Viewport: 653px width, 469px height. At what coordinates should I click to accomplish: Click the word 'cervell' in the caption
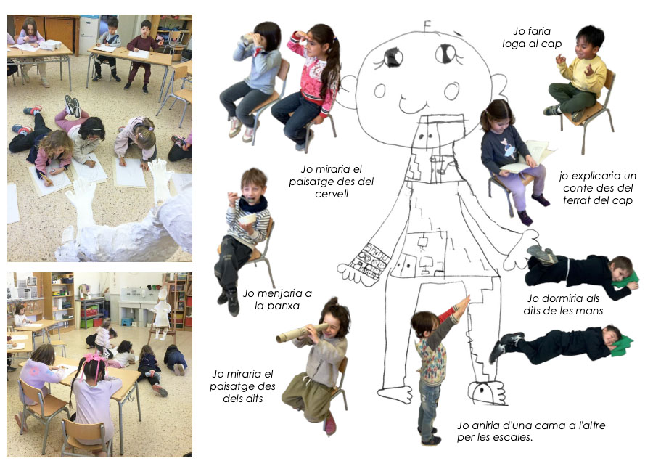pyautogui.click(x=332, y=194)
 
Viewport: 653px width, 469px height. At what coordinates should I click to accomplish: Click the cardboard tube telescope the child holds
pyautogui.click(x=297, y=333)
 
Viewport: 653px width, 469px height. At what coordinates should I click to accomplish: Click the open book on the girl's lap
pyautogui.click(x=527, y=158)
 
